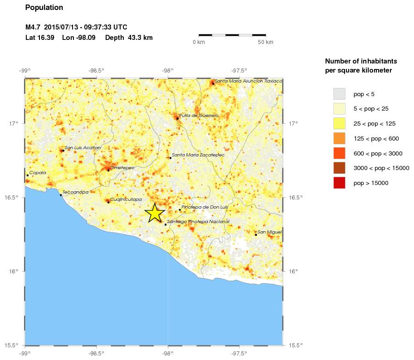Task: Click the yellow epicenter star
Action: pyautogui.click(x=155, y=213)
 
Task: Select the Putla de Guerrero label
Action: pyautogui.click(x=199, y=116)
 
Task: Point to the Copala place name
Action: pyautogui.click(x=38, y=173)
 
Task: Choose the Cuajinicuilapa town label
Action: pyautogui.click(x=126, y=199)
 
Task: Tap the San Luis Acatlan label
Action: pyautogui.click(x=83, y=147)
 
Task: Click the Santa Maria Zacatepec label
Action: pyautogui.click(x=198, y=155)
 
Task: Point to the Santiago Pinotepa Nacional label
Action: pyautogui.click(x=198, y=221)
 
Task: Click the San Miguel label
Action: pyautogui.click(x=269, y=232)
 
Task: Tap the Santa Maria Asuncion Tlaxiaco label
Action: pyautogui.click(x=248, y=81)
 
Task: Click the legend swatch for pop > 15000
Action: pyautogui.click(x=339, y=183)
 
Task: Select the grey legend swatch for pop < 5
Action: pyautogui.click(x=339, y=94)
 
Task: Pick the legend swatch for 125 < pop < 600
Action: pyautogui.click(x=339, y=138)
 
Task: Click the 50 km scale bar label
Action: pyautogui.click(x=266, y=42)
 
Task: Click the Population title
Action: pyautogui.click(x=44, y=8)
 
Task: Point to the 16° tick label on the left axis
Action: pyautogui.click(x=14, y=272)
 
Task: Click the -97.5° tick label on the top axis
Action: pyautogui.click(x=239, y=70)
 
